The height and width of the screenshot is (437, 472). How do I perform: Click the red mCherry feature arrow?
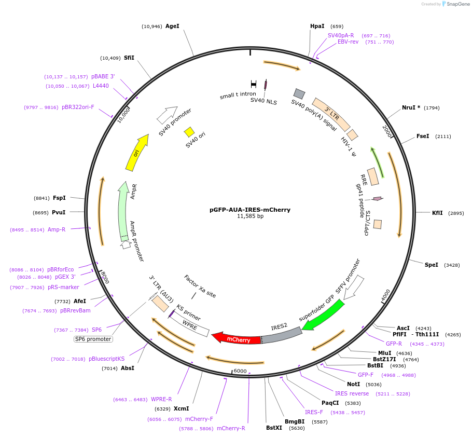236,338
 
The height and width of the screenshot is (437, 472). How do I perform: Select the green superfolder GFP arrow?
323,315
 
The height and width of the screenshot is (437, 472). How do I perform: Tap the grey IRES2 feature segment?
283,335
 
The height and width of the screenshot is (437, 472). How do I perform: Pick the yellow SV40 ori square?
189,132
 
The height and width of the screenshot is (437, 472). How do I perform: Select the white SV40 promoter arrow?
167,114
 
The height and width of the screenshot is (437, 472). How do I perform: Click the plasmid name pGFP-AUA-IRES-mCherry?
250,210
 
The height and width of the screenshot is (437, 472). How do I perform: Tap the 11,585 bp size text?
250,216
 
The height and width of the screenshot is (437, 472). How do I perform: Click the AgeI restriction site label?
172,26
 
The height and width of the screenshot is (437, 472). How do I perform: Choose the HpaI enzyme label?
317,26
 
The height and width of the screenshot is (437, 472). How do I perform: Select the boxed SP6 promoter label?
93,339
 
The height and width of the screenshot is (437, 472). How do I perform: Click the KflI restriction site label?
437,213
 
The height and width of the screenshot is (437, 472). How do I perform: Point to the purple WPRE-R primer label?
161,399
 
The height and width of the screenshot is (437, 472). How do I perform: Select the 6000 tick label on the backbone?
240,371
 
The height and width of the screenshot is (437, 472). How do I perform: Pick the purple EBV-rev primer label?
348,42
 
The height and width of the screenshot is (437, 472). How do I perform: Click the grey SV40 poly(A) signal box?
299,93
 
